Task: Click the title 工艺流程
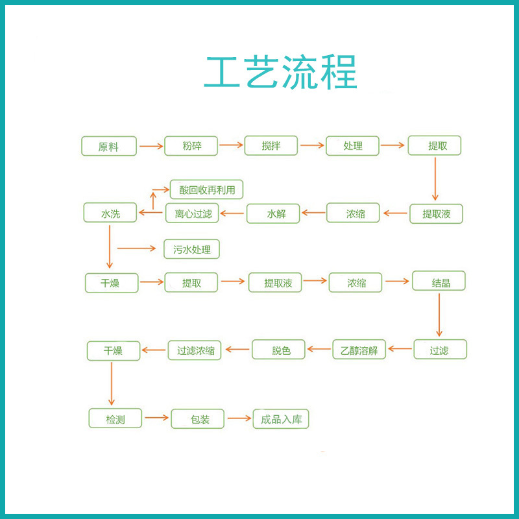pos(280,73)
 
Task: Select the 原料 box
pos(109,146)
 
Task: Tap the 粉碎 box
pos(192,146)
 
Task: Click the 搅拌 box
pos(271,146)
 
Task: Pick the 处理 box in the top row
pos(352,146)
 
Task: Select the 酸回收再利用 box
pos(206,189)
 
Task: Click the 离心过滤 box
pos(193,213)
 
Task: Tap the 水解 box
pos(273,213)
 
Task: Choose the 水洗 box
pos(110,213)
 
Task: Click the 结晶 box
pos(439,281)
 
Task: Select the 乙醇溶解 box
pos(359,350)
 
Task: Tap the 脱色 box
pos(278,350)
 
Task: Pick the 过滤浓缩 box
pos(195,350)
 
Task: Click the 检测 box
pos(115,419)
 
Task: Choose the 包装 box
pos(197,419)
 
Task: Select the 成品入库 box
pos(281,419)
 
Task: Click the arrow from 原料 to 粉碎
pos(151,146)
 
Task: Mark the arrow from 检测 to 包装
pos(156,418)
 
